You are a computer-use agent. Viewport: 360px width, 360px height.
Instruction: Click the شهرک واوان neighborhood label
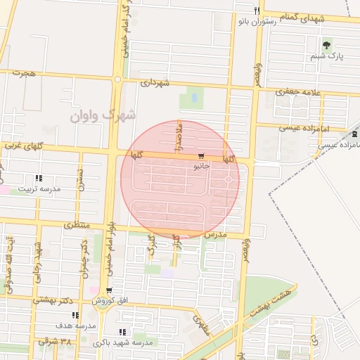[103, 115]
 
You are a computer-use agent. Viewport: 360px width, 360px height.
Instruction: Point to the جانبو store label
[200, 167]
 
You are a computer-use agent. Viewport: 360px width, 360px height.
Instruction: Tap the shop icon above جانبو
[202, 156]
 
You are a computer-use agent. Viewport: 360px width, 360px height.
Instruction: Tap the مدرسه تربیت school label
[40, 188]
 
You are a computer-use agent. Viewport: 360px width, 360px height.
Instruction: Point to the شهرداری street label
[155, 82]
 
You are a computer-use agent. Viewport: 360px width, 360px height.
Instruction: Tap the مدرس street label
[216, 233]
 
